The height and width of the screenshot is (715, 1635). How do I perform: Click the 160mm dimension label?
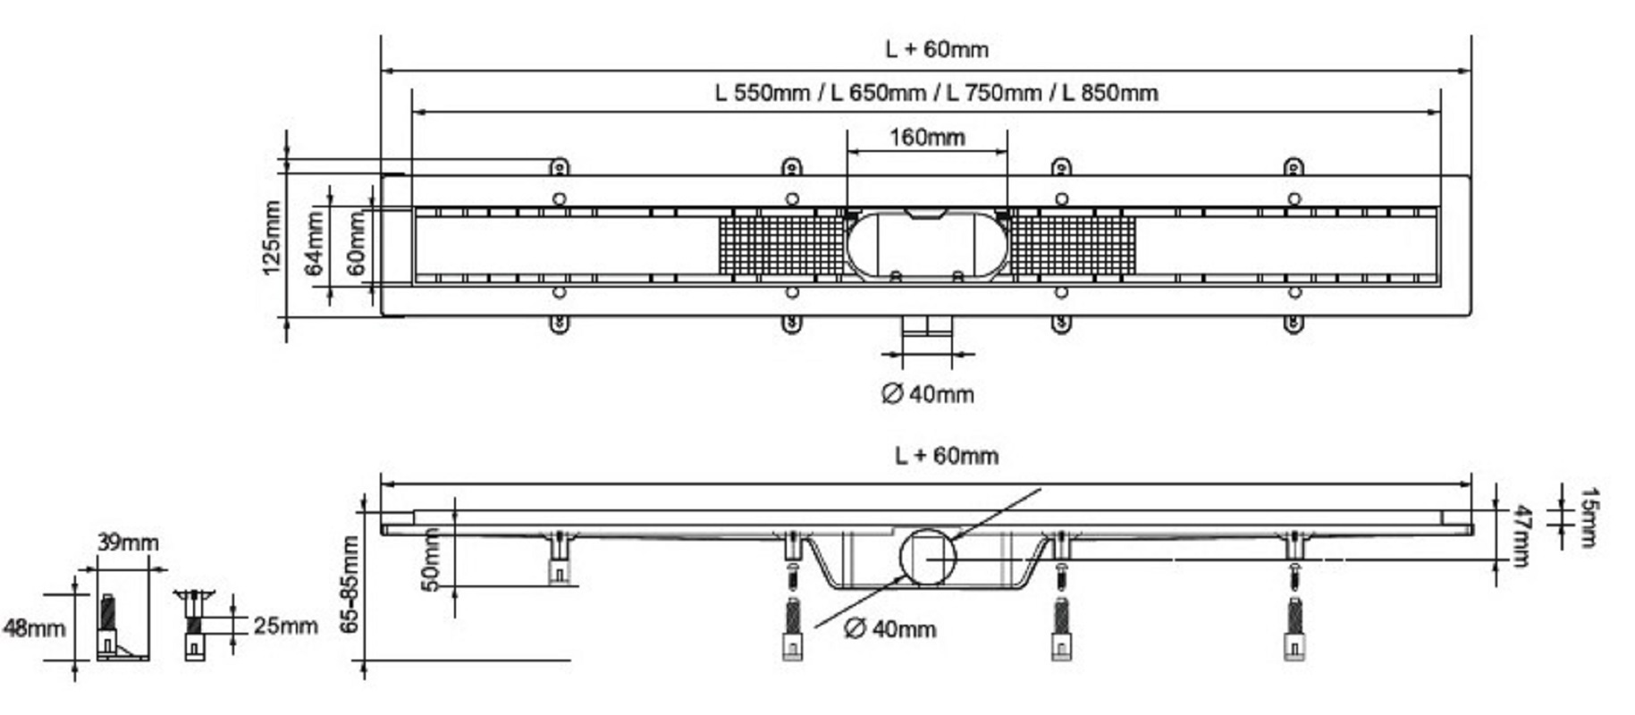point(927,138)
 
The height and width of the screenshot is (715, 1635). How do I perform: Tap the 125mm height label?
point(273,238)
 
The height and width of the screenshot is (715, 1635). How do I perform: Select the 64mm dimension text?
point(315,243)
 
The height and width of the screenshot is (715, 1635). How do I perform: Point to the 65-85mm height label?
point(350,584)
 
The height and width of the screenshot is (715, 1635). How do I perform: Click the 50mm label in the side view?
point(431,559)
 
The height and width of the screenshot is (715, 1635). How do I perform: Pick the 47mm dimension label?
point(1519,535)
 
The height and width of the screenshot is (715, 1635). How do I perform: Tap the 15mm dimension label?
point(1588,516)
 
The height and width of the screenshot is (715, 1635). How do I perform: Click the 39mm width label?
point(129,543)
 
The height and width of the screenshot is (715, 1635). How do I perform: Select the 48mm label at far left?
point(34,628)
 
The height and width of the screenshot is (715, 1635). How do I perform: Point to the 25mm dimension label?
point(285,626)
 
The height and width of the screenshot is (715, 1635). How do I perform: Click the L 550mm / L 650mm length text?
point(936,93)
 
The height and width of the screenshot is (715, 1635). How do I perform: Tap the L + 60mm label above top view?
point(937,49)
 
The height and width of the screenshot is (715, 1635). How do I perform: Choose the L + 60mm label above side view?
point(946,456)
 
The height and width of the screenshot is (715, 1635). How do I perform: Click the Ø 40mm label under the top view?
point(927,394)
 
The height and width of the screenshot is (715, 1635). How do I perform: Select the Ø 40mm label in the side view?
point(889,629)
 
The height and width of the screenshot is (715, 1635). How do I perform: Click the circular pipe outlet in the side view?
point(927,557)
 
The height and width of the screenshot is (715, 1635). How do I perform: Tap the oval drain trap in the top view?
point(927,242)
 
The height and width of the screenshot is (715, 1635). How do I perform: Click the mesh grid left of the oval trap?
point(782,244)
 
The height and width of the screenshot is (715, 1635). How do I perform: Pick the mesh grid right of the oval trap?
point(1073,244)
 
